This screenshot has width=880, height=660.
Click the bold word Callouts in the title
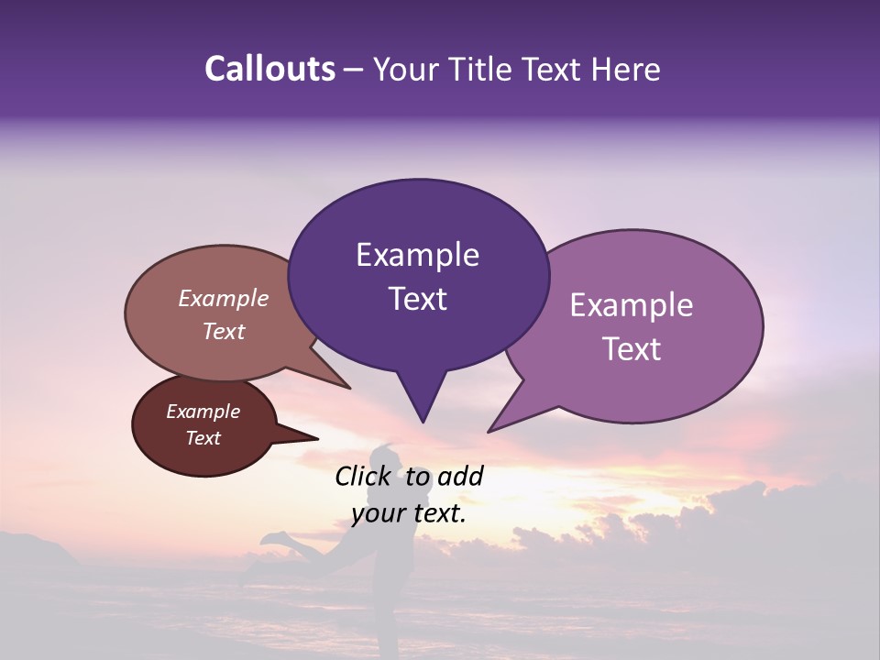[269, 69]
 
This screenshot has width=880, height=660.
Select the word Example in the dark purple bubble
[417, 255]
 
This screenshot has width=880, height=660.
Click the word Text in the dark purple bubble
[417, 299]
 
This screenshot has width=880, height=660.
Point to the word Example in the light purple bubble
[632, 305]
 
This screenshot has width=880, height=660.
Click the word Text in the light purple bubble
[632, 349]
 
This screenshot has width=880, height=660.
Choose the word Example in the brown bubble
[223, 298]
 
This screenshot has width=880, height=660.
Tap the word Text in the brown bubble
[223, 331]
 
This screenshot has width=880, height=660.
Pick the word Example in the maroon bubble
[203, 412]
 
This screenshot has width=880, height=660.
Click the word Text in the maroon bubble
[203, 438]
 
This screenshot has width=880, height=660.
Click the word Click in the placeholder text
[365, 476]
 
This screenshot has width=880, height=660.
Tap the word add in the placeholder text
[460, 476]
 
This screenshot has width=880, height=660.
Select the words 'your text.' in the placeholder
[408, 513]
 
